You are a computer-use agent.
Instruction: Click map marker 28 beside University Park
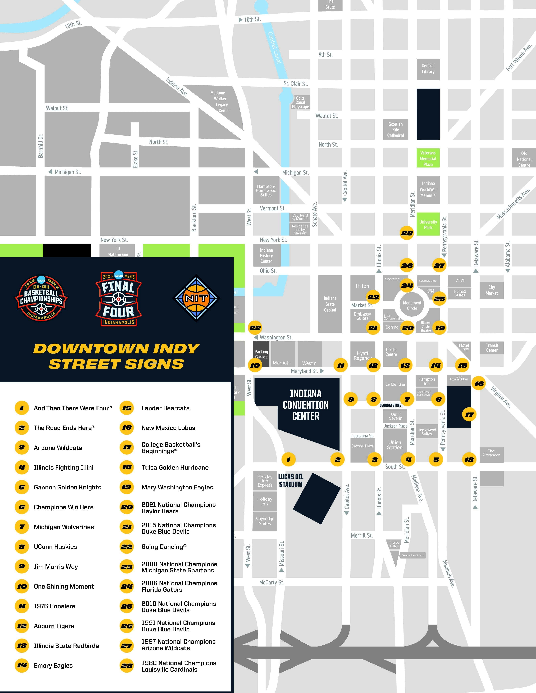(x=407, y=233)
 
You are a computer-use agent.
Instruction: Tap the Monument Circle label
(x=412, y=306)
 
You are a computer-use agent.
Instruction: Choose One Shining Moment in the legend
(x=64, y=586)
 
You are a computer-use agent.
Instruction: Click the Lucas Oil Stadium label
(x=290, y=480)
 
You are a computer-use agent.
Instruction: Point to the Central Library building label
(x=428, y=69)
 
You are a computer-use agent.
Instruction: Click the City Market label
(x=492, y=290)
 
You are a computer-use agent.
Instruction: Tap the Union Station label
(x=395, y=445)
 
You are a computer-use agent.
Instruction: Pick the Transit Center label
(x=492, y=348)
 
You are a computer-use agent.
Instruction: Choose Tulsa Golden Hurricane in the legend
(x=175, y=467)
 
